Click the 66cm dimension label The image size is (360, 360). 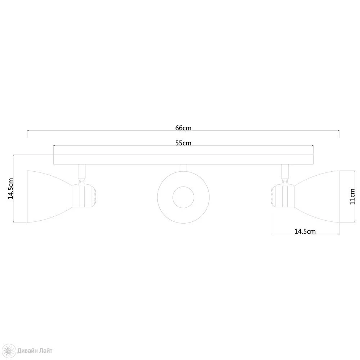pos(183,128)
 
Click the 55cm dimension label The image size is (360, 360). pos(183,143)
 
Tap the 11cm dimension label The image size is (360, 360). pos(352,196)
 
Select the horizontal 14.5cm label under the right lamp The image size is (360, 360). pos(305,231)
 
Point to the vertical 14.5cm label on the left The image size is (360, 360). pos(11,189)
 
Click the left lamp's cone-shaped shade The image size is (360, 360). pos(50,197)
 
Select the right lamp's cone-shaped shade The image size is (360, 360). pos(317,197)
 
